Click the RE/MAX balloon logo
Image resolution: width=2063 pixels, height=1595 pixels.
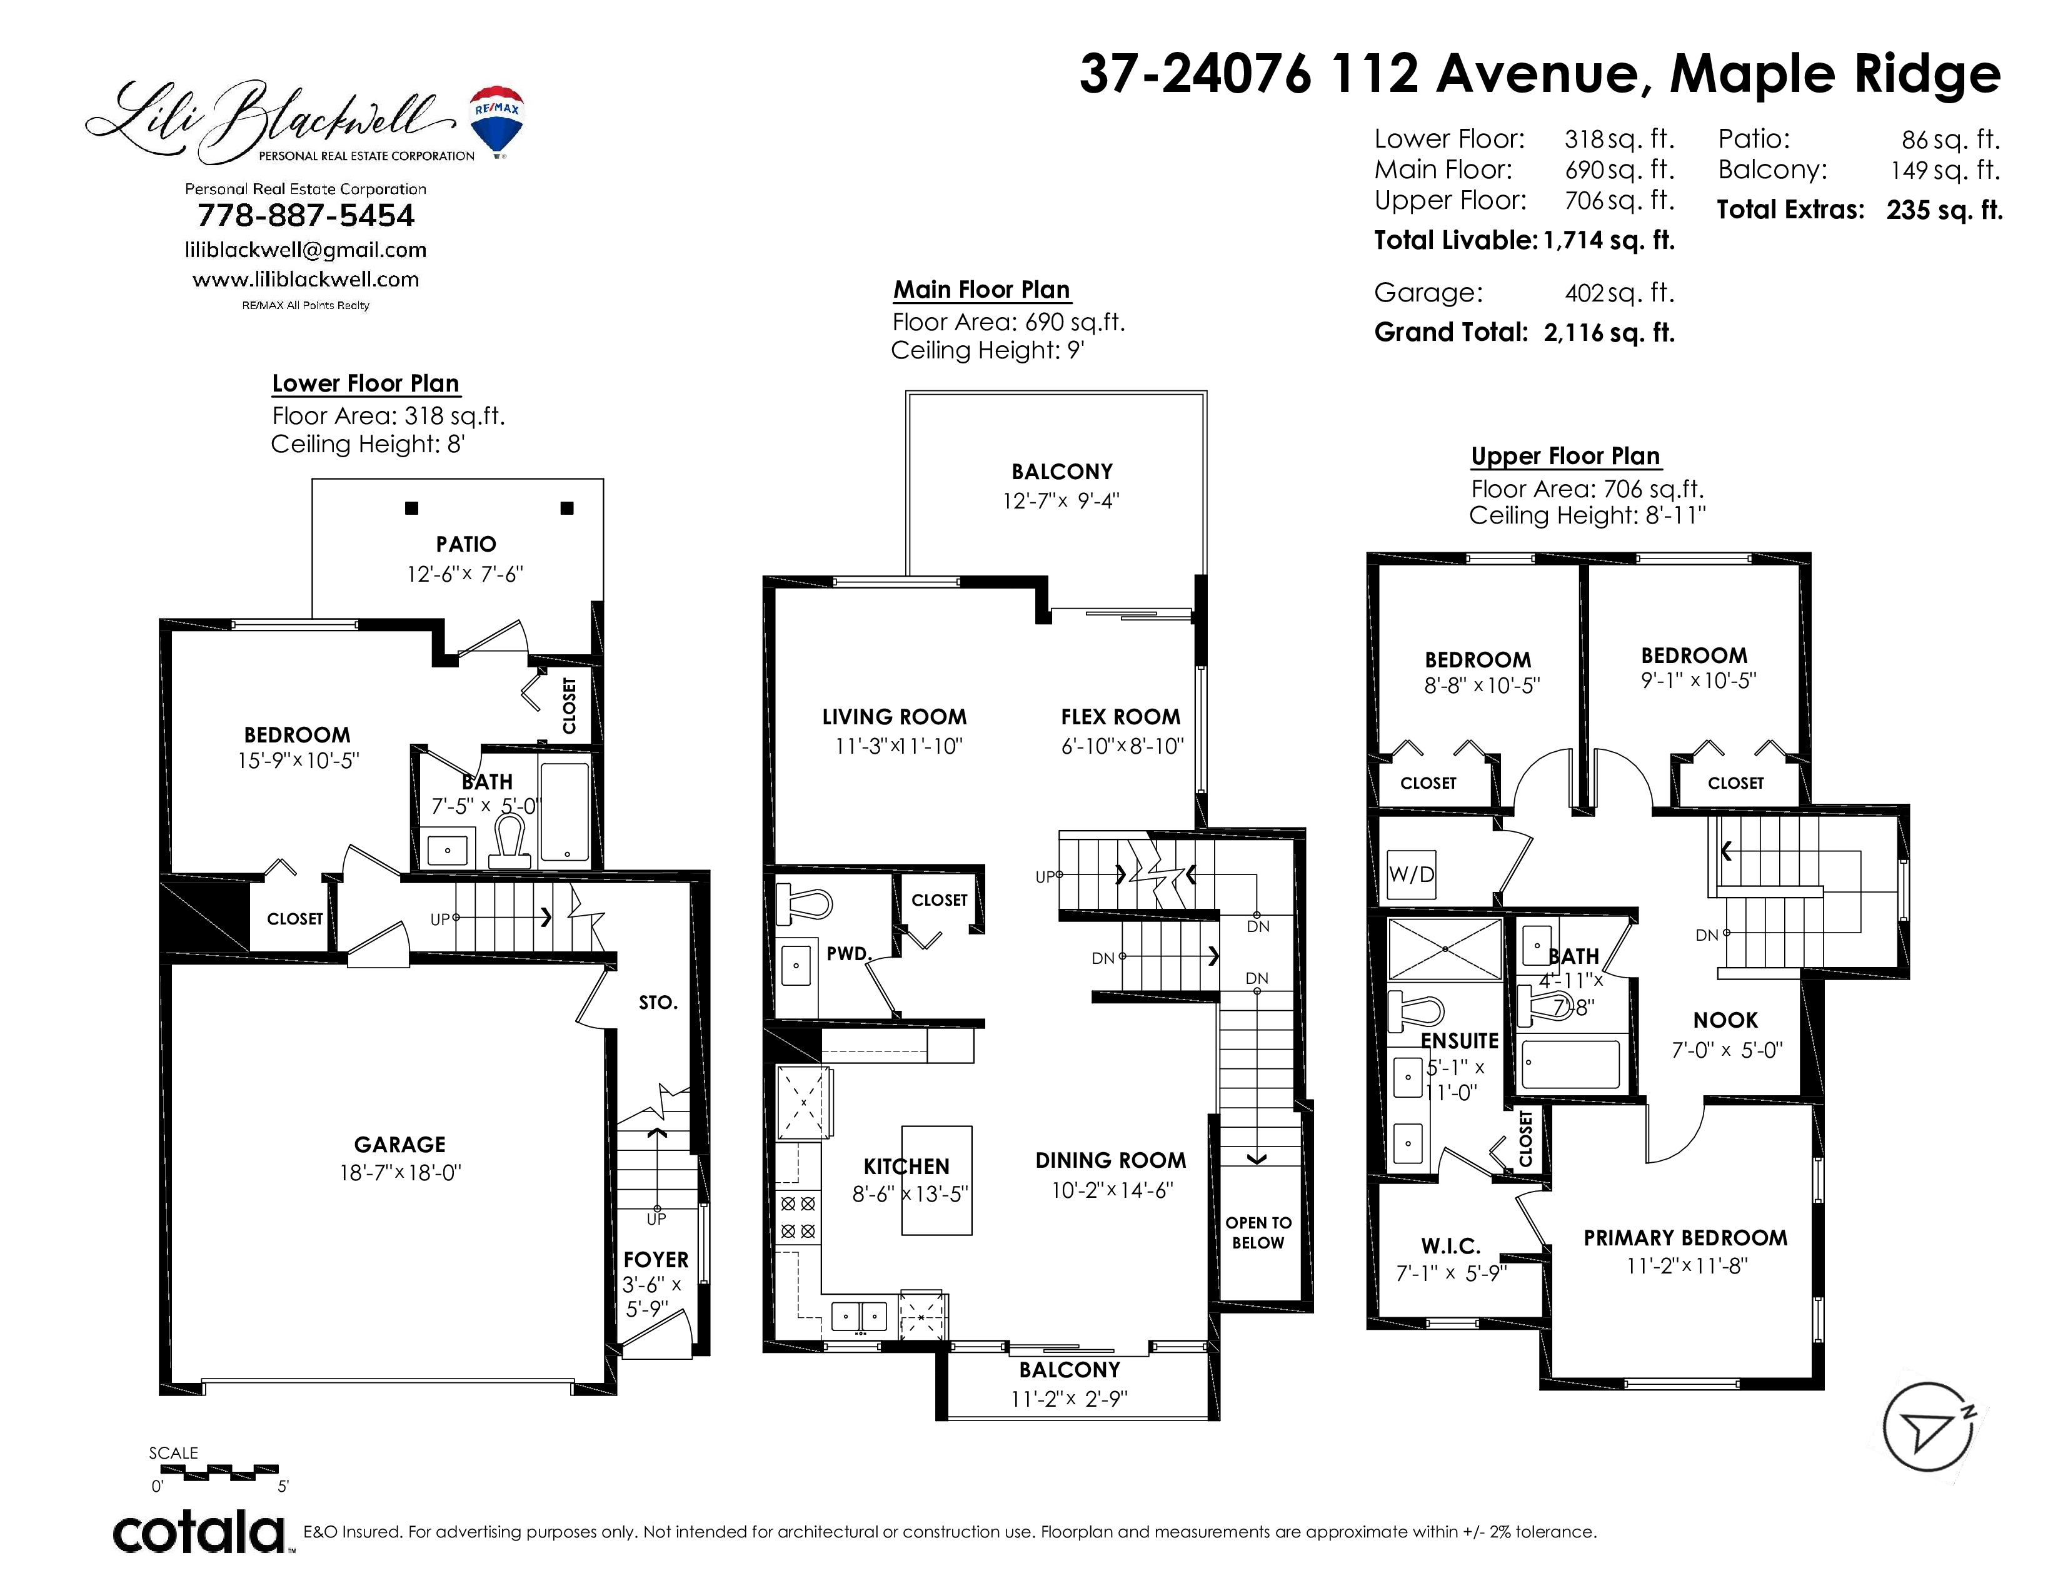pyautogui.click(x=497, y=121)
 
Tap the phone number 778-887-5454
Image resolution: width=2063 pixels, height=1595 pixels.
pyautogui.click(x=306, y=215)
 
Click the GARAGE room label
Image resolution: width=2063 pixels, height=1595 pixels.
pyautogui.click(x=399, y=1144)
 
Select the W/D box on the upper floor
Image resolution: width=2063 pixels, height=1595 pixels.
pyautogui.click(x=1411, y=874)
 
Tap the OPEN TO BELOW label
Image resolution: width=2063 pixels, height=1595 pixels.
pyautogui.click(x=1258, y=1233)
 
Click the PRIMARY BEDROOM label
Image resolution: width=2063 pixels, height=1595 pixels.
pyautogui.click(x=1685, y=1238)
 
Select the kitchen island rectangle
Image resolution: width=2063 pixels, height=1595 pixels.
pyautogui.click(x=936, y=1180)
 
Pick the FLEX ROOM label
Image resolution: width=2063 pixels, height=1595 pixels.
pyautogui.click(x=1120, y=717)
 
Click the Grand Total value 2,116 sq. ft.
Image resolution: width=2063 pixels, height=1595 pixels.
pyautogui.click(x=1610, y=333)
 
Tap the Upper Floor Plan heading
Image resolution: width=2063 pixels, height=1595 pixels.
pyautogui.click(x=1565, y=457)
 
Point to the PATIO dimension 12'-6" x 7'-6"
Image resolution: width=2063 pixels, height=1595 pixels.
pyautogui.click(x=464, y=574)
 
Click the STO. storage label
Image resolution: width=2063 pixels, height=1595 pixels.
pyautogui.click(x=658, y=1003)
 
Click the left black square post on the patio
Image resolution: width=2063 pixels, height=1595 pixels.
pyautogui.click(x=412, y=509)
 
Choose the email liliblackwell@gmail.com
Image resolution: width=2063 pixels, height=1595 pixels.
pyautogui.click(x=306, y=250)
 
